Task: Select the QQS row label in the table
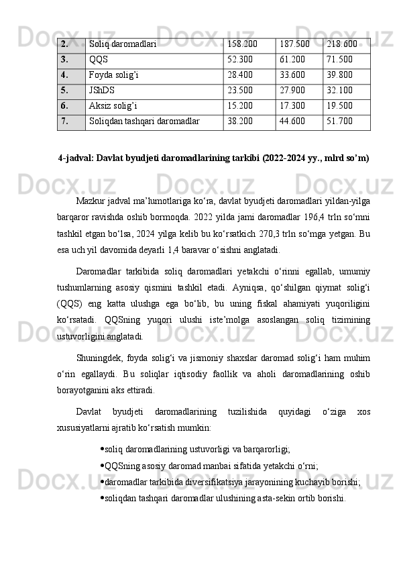(x=98, y=59)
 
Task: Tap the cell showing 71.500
(x=340, y=59)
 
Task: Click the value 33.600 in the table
(x=292, y=75)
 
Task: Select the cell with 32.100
(x=340, y=91)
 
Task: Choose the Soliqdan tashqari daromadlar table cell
(x=144, y=121)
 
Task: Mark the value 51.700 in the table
(x=340, y=121)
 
